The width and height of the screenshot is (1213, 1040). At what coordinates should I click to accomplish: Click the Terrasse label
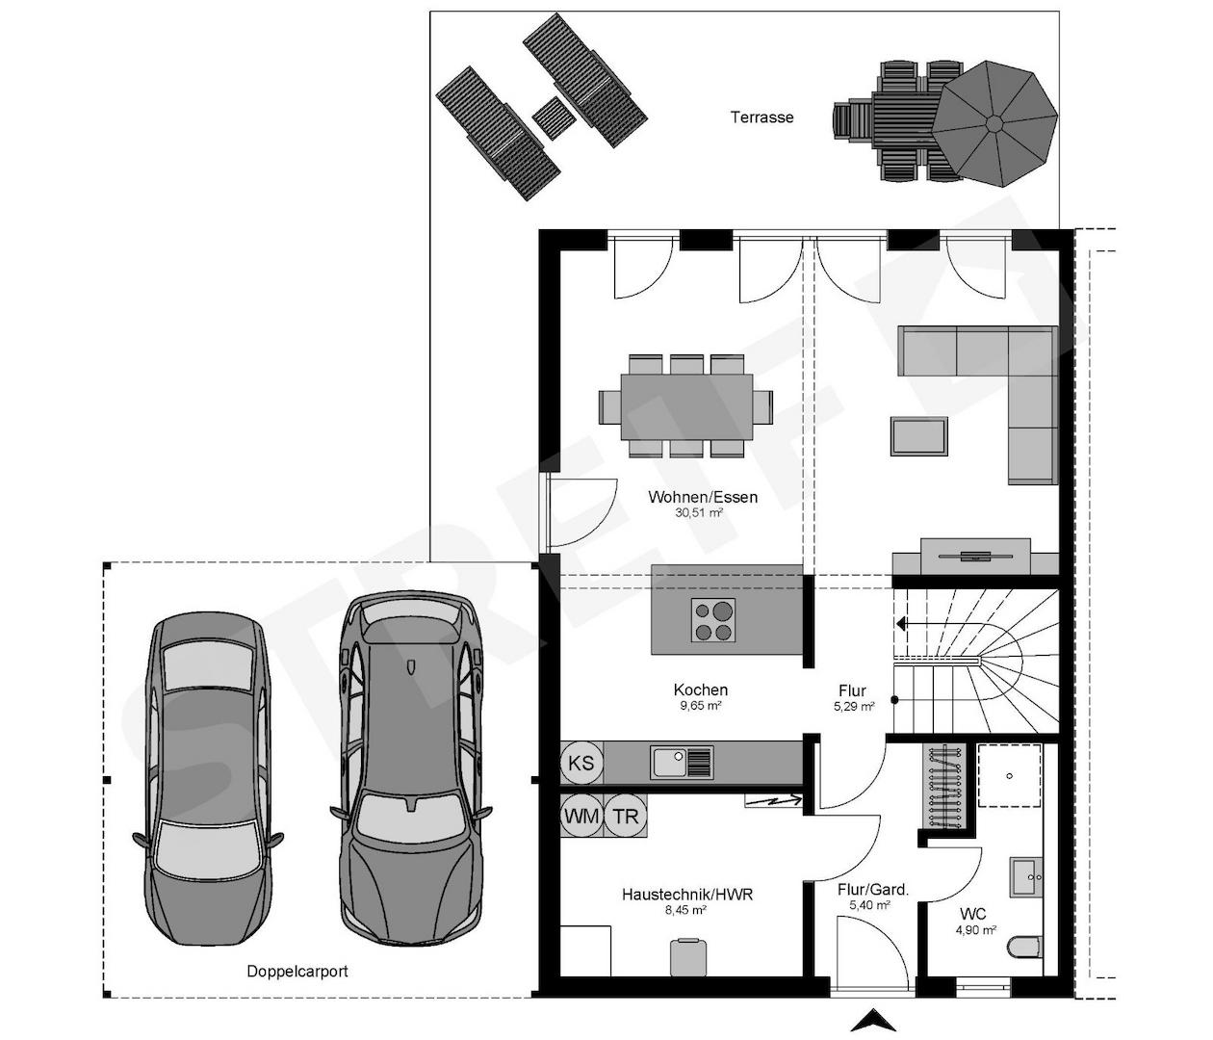coord(761,117)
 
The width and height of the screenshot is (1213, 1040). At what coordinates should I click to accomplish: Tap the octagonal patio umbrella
coord(995,123)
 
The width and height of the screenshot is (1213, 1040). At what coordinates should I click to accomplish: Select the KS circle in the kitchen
coord(581,763)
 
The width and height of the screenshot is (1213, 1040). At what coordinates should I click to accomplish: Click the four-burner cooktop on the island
coord(712,620)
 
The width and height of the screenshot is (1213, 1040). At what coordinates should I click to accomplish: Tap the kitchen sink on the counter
coord(681,763)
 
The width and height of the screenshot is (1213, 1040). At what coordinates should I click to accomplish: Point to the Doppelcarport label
coord(297,972)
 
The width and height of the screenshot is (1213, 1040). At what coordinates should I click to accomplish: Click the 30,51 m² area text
coord(699,513)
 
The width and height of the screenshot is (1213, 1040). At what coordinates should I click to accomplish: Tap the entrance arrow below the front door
coord(874,1020)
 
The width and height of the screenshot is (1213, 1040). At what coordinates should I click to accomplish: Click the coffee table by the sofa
coord(918,435)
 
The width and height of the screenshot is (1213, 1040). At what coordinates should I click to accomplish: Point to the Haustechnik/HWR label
coord(687,895)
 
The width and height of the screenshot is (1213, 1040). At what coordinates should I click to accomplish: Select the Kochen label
coord(700,689)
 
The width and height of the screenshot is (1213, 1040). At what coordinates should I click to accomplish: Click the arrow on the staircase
coord(903,624)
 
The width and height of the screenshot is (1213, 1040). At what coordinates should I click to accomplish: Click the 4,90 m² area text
coord(975,930)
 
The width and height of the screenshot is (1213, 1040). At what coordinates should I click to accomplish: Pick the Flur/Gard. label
coord(873,890)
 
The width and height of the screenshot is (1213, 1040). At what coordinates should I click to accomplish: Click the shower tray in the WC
coord(1009,775)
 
